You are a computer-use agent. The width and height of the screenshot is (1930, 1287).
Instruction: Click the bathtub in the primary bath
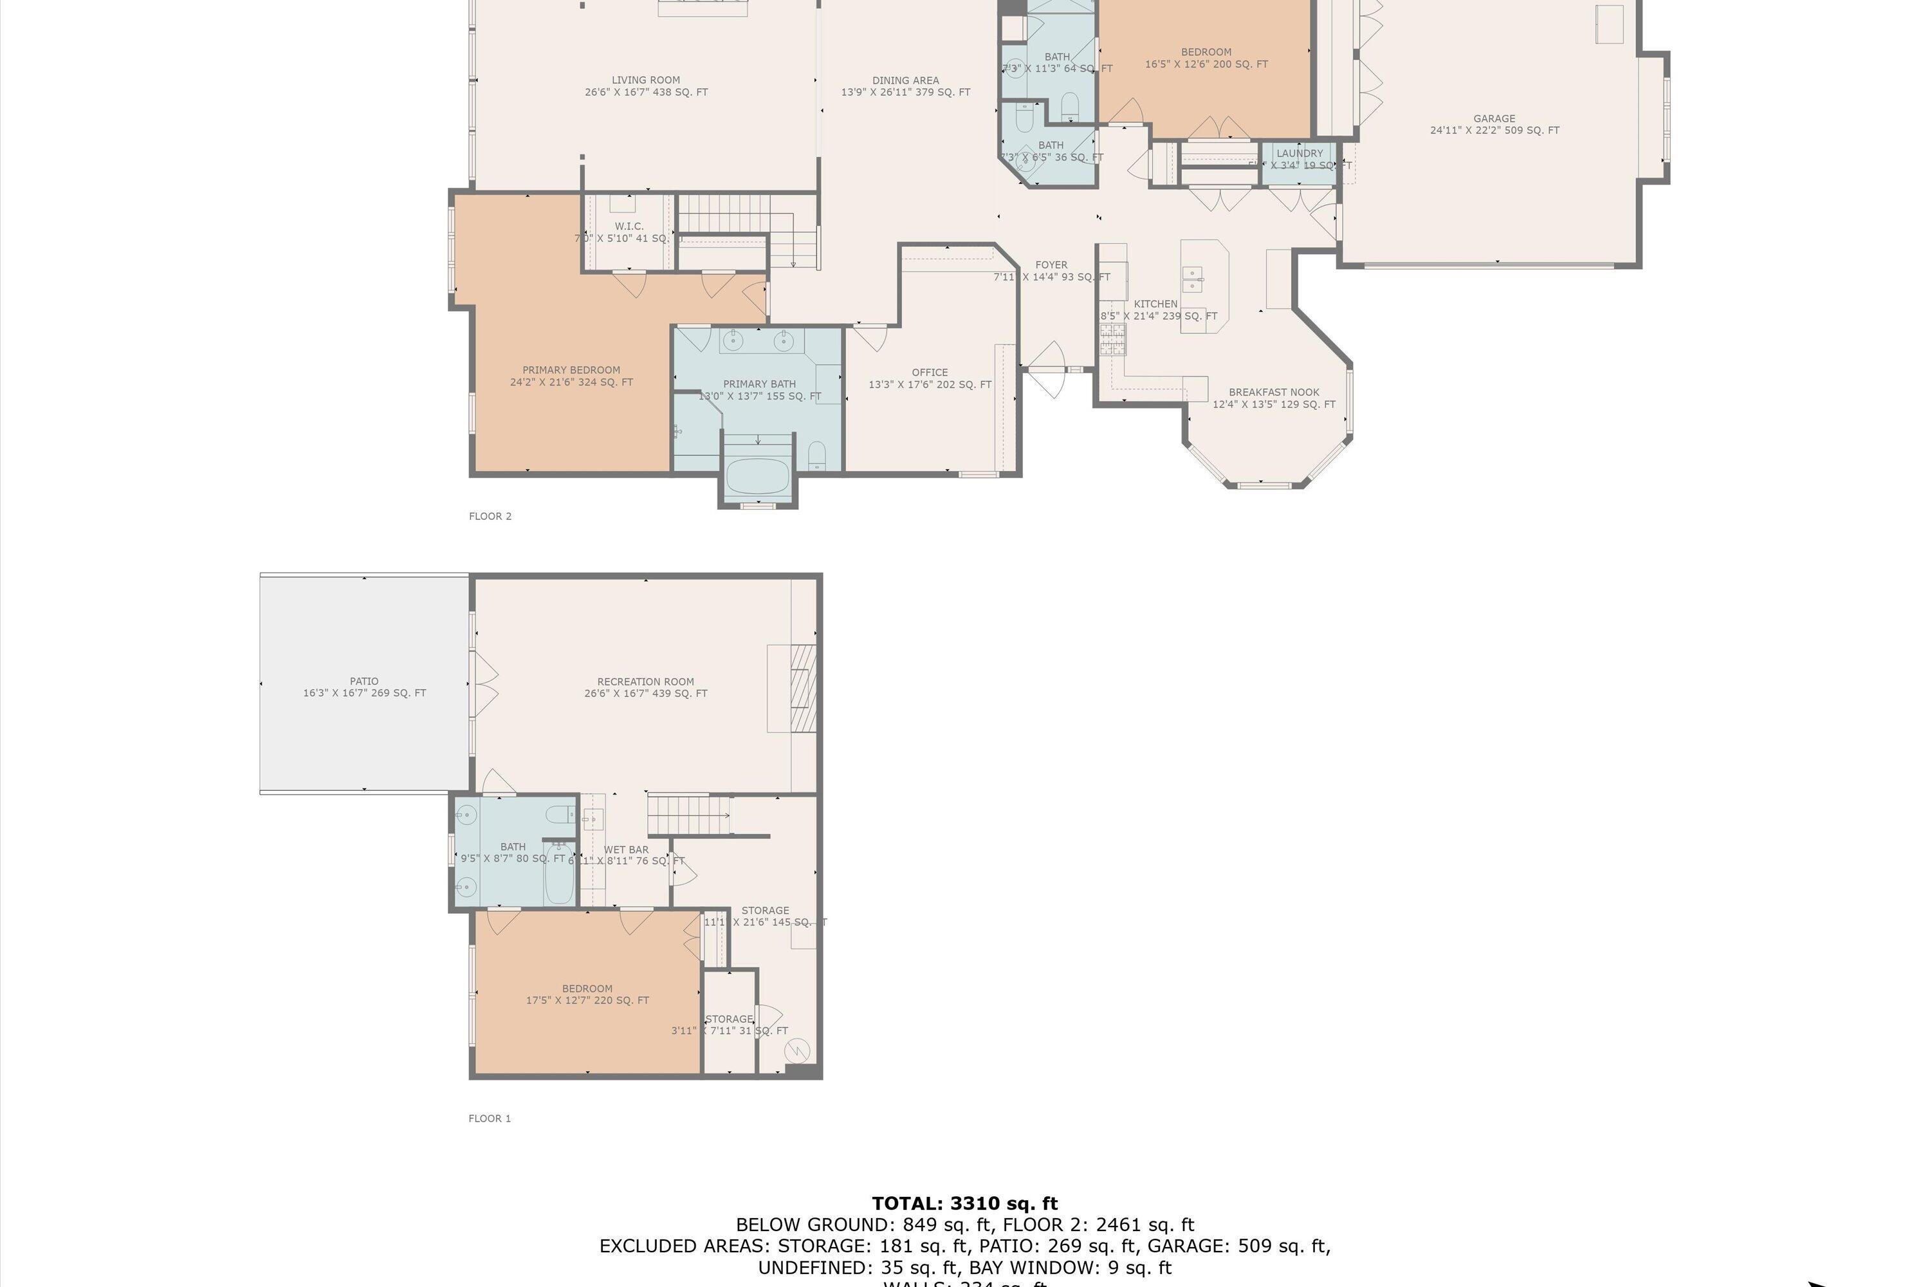pyautogui.click(x=757, y=476)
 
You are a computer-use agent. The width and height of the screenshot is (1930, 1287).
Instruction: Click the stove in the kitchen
pyautogui.click(x=1113, y=339)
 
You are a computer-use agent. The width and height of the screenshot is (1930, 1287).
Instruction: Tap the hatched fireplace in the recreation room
pyautogui.click(x=802, y=688)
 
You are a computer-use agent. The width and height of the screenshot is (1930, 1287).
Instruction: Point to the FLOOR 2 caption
pyautogui.click(x=490, y=516)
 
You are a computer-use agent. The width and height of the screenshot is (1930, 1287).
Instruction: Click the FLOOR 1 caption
pyautogui.click(x=490, y=1118)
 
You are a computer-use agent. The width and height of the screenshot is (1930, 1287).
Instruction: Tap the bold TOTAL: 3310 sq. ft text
pyautogui.click(x=964, y=1203)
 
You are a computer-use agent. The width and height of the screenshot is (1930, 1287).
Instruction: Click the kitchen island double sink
pyautogui.click(x=1192, y=280)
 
